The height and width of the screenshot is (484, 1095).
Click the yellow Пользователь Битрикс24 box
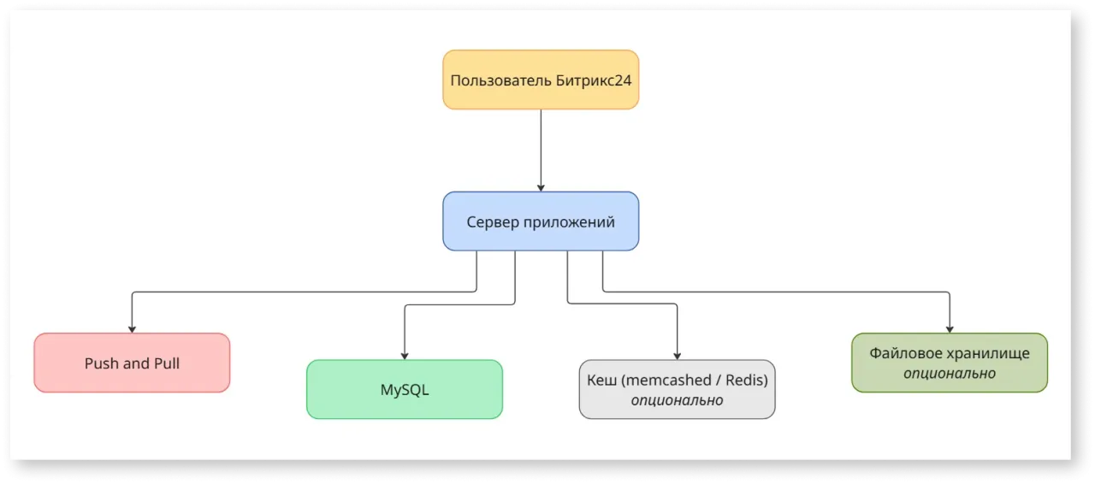tap(541, 80)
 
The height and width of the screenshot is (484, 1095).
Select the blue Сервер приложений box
tap(541, 221)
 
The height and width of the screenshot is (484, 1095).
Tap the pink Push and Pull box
tap(132, 363)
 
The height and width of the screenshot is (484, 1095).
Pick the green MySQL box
tap(404, 390)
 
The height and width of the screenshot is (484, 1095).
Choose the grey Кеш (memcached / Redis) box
tap(677, 389)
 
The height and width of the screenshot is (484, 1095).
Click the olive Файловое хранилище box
tap(950, 363)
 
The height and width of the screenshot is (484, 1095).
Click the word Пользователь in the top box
tap(494, 80)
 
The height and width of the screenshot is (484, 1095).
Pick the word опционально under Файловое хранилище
tap(950, 374)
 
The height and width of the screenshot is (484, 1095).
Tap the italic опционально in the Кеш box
tap(677, 400)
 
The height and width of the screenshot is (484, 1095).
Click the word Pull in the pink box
tap(166, 363)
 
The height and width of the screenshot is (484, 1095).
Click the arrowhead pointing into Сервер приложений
tap(541, 186)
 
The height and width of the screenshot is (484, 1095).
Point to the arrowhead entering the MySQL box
tap(404, 355)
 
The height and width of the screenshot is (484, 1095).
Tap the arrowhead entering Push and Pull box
tap(132, 328)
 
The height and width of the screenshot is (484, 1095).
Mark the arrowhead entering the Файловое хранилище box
tap(950, 328)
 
